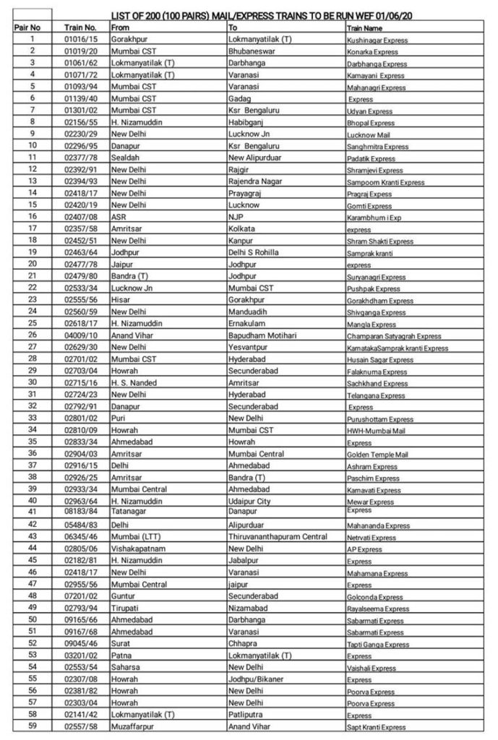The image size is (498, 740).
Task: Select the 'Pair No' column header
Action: (27, 27)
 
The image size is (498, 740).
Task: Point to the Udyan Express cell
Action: (369, 112)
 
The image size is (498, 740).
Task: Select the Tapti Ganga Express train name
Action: (377, 645)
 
